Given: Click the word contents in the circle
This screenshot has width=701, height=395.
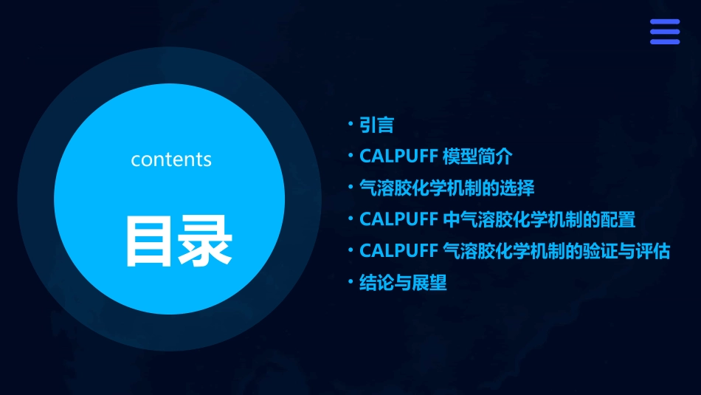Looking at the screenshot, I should [x=171, y=159].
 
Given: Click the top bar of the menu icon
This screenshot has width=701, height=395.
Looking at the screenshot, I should [x=664, y=22].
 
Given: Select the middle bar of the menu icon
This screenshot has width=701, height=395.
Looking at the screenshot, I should [x=664, y=32].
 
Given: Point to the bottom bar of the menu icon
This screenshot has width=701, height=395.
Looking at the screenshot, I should [x=664, y=41].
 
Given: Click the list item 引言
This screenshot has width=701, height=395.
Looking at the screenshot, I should [x=376, y=126].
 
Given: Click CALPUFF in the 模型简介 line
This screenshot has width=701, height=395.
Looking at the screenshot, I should [x=398, y=157].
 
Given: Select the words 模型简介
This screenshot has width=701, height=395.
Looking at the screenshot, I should [x=477, y=157].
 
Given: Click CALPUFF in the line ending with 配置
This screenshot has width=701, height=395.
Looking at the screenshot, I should [x=398, y=219].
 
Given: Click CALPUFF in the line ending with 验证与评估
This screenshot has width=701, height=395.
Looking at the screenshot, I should [x=398, y=251].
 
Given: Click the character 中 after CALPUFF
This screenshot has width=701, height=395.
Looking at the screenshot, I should [x=451, y=219].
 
